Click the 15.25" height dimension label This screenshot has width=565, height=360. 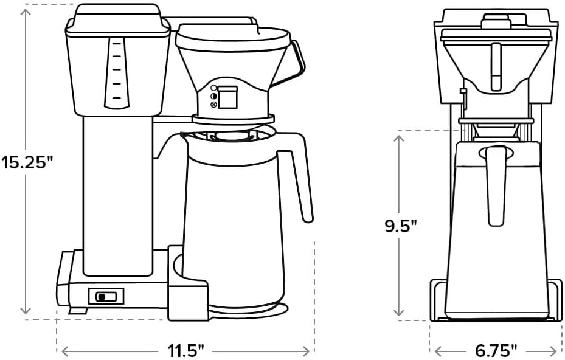tap(27, 163)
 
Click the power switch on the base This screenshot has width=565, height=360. tap(106, 296)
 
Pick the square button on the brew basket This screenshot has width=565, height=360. tap(227, 97)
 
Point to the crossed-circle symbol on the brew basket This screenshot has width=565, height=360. tap(213, 105)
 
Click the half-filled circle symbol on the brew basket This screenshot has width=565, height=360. tap(213, 96)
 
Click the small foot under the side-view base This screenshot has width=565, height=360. tap(75, 311)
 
